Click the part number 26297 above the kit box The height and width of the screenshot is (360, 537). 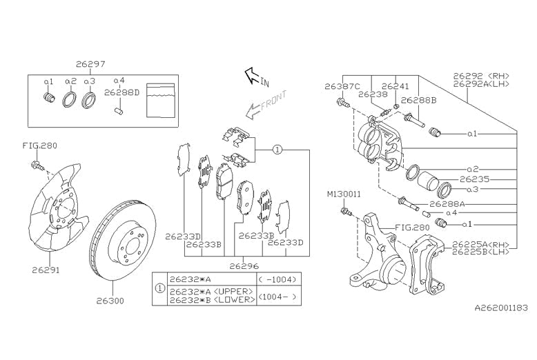(x=91, y=64)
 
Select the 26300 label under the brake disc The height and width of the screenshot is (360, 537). (x=110, y=301)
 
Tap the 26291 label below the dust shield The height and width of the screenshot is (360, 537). (x=46, y=270)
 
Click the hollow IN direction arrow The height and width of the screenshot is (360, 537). (x=254, y=75)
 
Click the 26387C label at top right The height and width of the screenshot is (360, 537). (x=342, y=87)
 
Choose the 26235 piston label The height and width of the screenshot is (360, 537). (x=484, y=178)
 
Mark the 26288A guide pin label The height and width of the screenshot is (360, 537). (x=448, y=204)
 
